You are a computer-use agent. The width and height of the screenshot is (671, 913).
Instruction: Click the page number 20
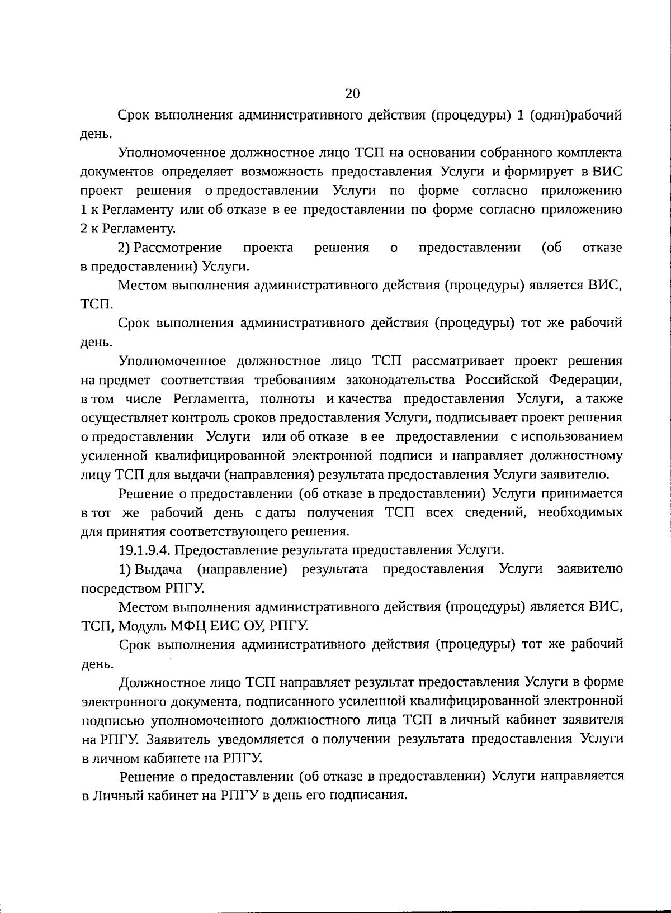click(x=352, y=93)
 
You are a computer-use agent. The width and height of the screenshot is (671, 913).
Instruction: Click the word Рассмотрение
click(x=178, y=248)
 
